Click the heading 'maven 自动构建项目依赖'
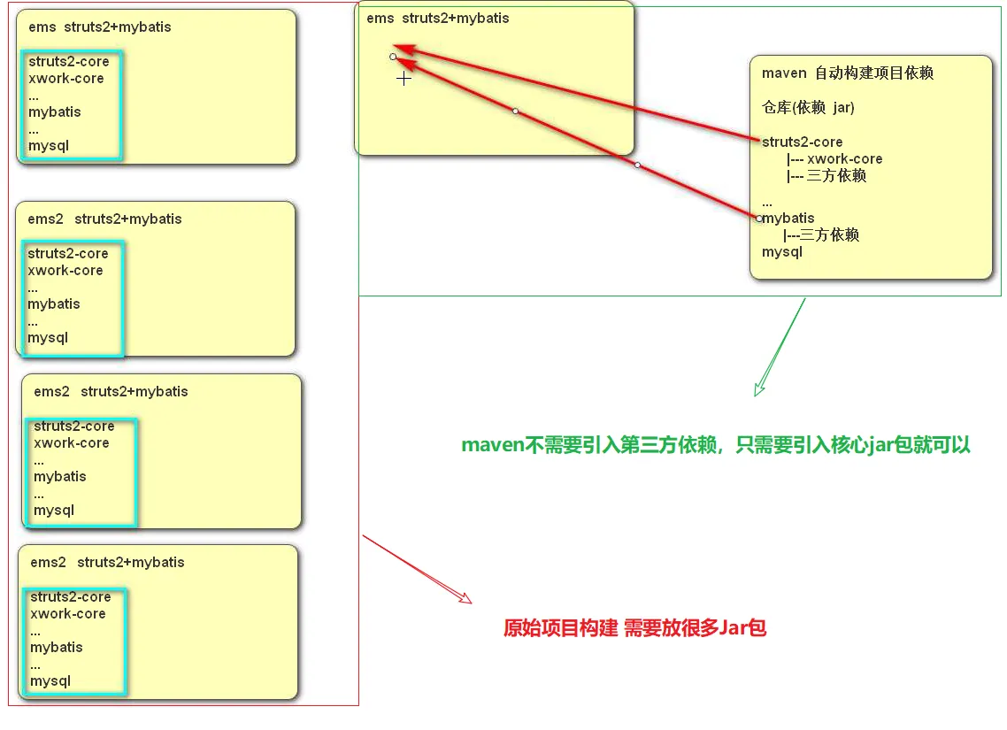(x=848, y=73)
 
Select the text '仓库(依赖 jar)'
(x=808, y=108)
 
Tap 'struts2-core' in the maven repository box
(x=803, y=142)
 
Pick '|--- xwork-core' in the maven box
(x=834, y=159)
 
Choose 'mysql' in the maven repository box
(x=782, y=252)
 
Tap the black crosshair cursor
(x=404, y=79)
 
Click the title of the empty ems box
(x=438, y=19)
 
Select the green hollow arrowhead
(x=759, y=388)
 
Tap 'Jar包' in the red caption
(x=742, y=629)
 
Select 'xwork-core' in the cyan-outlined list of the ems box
(x=66, y=79)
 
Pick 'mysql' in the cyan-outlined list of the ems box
(x=49, y=146)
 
